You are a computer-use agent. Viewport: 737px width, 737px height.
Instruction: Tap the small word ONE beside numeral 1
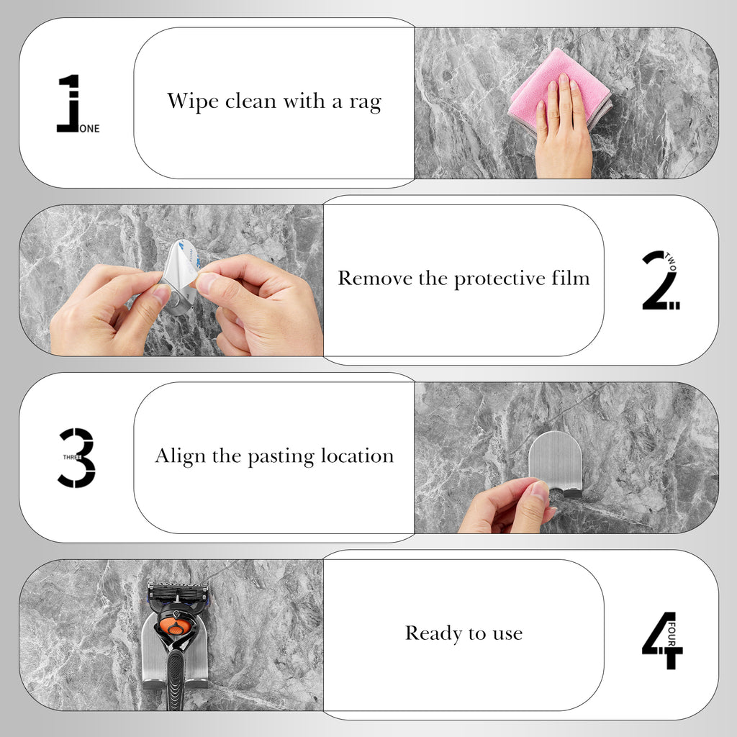(89, 128)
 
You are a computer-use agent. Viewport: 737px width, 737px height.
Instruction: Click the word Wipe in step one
(192, 101)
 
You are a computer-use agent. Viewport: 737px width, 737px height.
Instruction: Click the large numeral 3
(76, 457)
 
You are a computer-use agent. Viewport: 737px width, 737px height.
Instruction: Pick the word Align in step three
(181, 456)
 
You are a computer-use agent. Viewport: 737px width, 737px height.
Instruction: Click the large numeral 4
(662, 640)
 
